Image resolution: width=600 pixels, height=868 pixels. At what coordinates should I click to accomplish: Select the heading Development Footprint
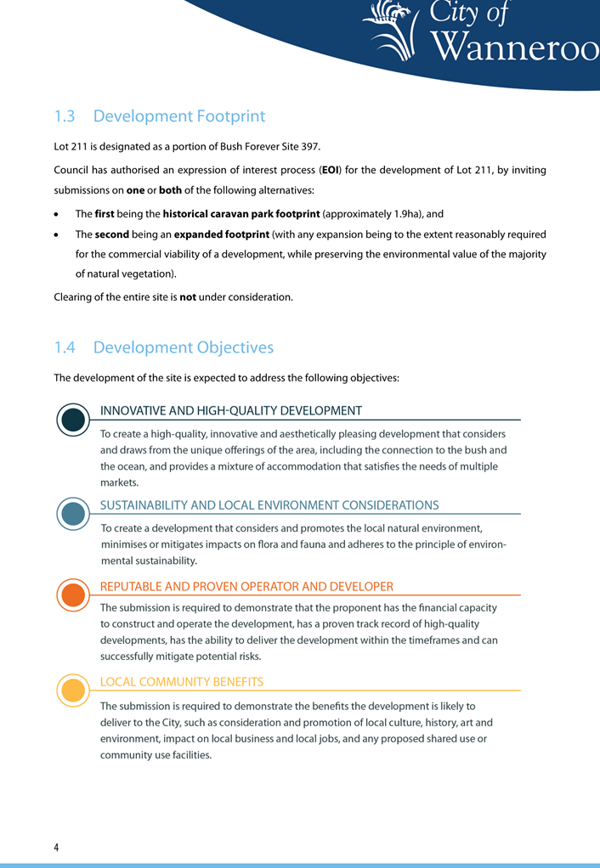tap(179, 116)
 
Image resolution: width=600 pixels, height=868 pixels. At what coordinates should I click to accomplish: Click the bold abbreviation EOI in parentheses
tap(331, 170)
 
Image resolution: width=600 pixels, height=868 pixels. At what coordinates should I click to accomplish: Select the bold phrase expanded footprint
tap(222, 234)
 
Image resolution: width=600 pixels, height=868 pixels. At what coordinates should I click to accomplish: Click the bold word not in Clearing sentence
tap(188, 296)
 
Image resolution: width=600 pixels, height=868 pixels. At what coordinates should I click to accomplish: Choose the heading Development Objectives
tap(184, 347)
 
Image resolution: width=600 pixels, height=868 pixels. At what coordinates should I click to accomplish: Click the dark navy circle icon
tap(74, 420)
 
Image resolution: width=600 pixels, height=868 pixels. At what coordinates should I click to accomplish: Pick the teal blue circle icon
tap(74, 514)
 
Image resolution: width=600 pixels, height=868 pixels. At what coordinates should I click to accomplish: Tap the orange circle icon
tap(74, 595)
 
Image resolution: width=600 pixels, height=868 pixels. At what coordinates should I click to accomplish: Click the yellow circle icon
tap(74, 690)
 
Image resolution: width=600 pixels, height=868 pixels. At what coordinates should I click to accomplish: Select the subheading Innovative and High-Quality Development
tap(231, 411)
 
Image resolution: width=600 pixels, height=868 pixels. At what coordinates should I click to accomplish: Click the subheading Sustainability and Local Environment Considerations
tap(269, 505)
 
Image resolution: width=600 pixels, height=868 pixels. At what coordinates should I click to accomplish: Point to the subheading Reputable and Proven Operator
tap(246, 587)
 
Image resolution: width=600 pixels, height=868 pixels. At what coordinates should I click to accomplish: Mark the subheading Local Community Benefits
tap(182, 682)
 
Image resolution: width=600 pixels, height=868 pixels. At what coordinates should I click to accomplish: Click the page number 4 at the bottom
tap(57, 848)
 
